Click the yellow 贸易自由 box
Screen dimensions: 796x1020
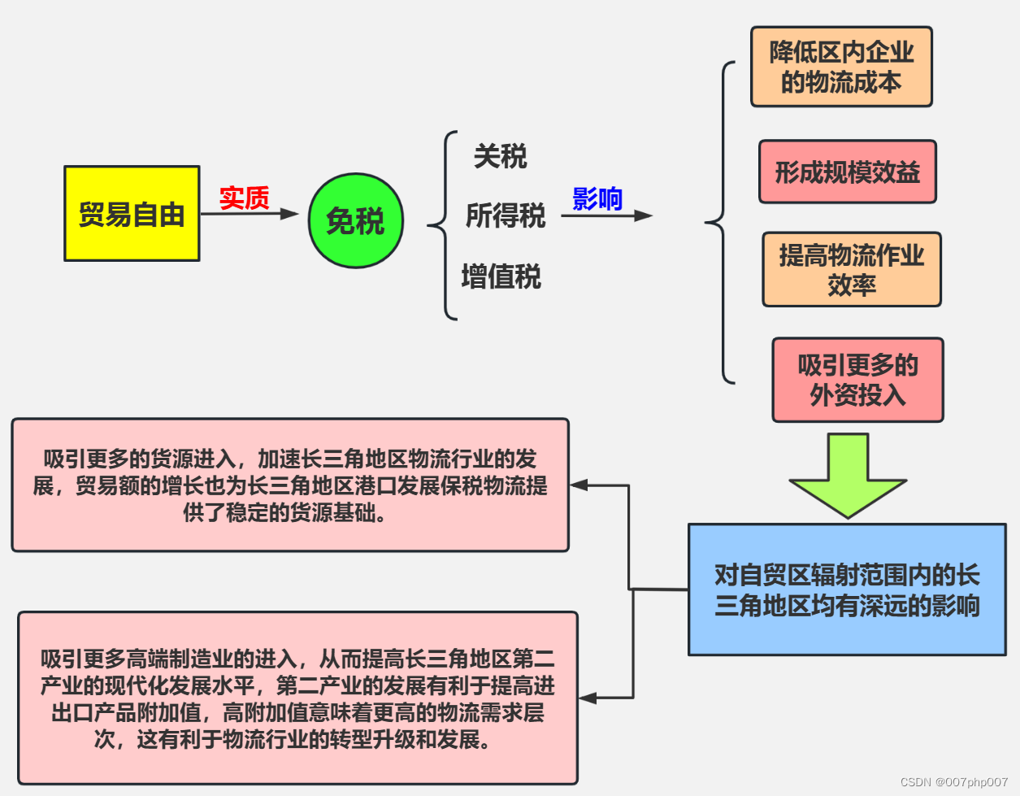tap(132, 214)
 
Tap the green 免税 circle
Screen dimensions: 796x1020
tap(355, 220)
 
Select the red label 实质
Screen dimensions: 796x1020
tap(244, 198)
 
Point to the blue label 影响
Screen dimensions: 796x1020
tap(597, 198)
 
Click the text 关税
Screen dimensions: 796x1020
tap(500, 156)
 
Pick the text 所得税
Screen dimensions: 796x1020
tap(505, 216)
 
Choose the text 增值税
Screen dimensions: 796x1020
tap(501, 276)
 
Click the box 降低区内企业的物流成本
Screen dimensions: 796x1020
tap(841, 67)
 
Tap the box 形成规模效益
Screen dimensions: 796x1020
tap(847, 172)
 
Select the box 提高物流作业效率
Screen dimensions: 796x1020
tap(851, 269)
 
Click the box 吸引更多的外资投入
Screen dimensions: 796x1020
tap(857, 380)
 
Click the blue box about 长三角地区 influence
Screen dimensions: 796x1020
tap(847, 589)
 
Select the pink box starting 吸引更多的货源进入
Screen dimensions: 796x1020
tap(290, 485)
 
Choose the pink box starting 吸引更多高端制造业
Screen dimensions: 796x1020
tap(297, 698)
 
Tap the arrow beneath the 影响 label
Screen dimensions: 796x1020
tap(606, 215)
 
